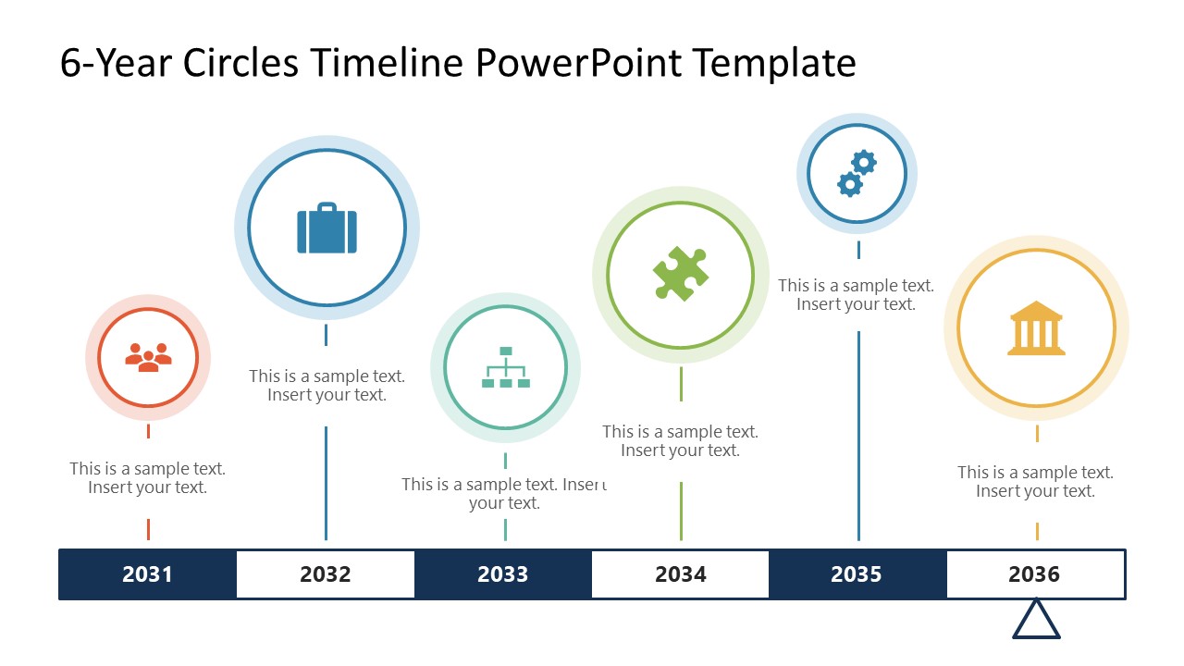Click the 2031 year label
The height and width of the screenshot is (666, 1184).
[148, 574]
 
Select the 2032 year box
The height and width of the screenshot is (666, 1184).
[326, 574]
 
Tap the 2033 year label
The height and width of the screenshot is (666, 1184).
[502, 574]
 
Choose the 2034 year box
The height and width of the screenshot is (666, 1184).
[680, 574]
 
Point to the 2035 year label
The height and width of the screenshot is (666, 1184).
[857, 574]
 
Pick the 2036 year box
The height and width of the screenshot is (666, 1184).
[1034, 574]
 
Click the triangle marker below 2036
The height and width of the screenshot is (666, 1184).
[1036, 620]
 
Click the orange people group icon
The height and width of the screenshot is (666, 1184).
[148, 358]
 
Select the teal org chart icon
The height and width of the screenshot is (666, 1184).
[505, 367]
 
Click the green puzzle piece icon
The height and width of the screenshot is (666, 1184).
[681, 274]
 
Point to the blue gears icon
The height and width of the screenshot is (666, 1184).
[857, 174]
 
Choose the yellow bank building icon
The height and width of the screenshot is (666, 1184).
[1036, 328]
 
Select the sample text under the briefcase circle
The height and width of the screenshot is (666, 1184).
[327, 386]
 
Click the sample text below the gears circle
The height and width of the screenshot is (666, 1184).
[856, 295]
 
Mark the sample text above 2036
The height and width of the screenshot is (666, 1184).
[1035, 482]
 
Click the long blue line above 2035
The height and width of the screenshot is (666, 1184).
[858, 435]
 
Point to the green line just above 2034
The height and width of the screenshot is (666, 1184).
[681, 511]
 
